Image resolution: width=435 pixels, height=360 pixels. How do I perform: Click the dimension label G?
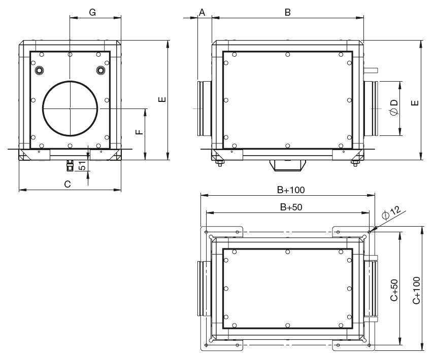coord(93,12)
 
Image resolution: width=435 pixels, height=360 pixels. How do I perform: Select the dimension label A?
coord(202,12)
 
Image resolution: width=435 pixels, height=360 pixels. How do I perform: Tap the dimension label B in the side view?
coord(287,12)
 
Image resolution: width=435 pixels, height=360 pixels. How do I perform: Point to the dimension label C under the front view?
coord(67,184)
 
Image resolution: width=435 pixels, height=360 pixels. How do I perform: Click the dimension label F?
coord(139,133)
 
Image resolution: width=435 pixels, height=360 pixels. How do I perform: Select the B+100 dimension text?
coord(290,190)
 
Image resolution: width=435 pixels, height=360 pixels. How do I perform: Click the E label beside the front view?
coord(162,99)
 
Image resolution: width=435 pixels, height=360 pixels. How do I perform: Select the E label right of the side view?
coord(415,102)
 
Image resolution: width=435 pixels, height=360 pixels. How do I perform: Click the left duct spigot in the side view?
coord(204,108)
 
